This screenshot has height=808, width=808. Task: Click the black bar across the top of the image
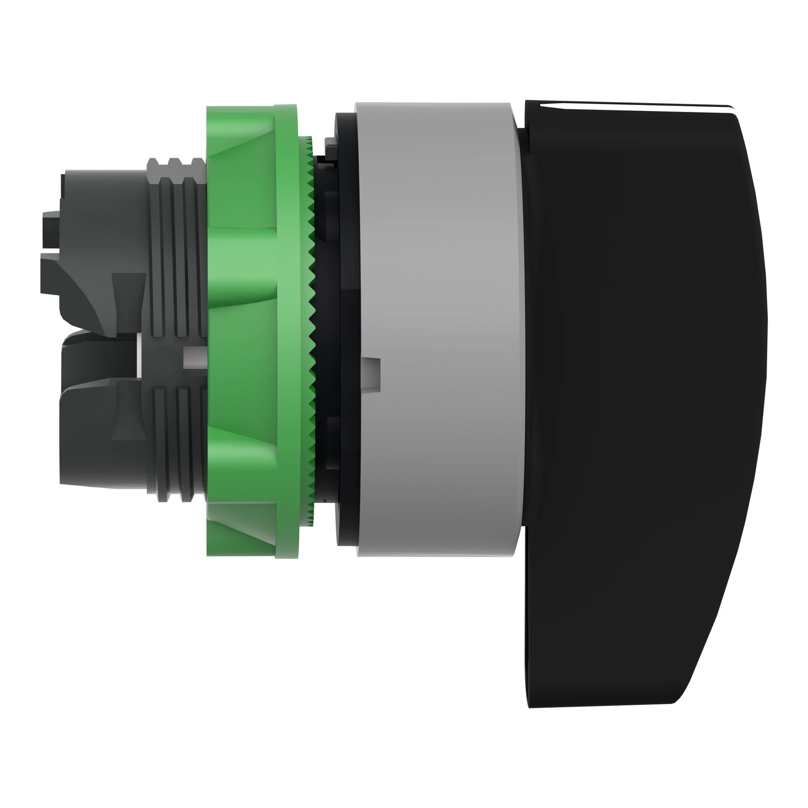pyautogui.click(x=404, y=32)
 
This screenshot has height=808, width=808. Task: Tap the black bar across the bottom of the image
pyautogui.click(x=404, y=776)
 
